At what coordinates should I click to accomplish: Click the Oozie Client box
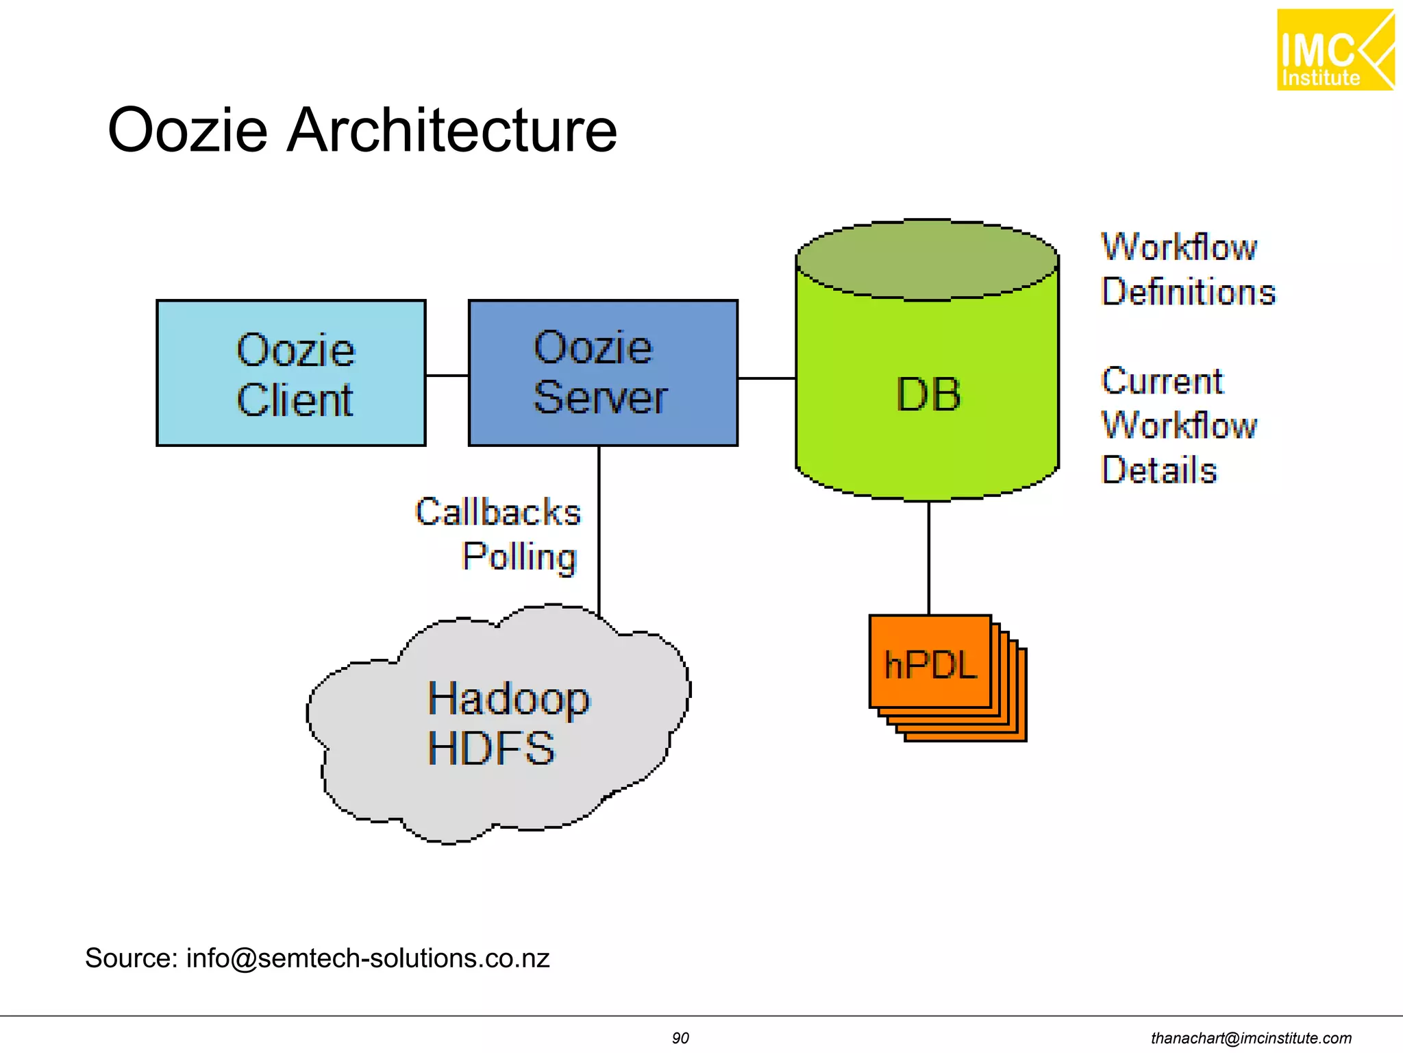(x=291, y=373)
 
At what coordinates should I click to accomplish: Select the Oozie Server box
(x=603, y=373)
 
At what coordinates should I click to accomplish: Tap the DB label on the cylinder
(x=928, y=395)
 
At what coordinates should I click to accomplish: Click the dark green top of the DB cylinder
(x=928, y=261)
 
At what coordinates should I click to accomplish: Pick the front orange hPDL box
(x=930, y=662)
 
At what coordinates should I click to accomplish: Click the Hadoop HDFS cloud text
(x=507, y=723)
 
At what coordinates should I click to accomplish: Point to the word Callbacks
(x=498, y=512)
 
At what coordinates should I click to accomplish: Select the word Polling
(x=519, y=556)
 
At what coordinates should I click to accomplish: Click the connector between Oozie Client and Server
(x=447, y=376)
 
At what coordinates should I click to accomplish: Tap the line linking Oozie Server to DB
(x=766, y=378)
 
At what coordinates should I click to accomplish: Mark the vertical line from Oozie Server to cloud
(x=599, y=528)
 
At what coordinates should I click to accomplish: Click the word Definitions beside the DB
(x=1188, y=292)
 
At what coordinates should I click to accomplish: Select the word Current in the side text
(x=1162, y=381)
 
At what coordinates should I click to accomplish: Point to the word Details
(x=1159, y=470)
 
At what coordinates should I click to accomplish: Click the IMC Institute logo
(x=1334, y=50)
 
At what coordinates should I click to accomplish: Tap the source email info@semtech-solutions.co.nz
(x=368, y=958)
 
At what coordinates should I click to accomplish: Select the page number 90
(x=680, y=1038)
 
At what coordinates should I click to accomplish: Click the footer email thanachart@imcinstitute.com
(x=1251, y=1038)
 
